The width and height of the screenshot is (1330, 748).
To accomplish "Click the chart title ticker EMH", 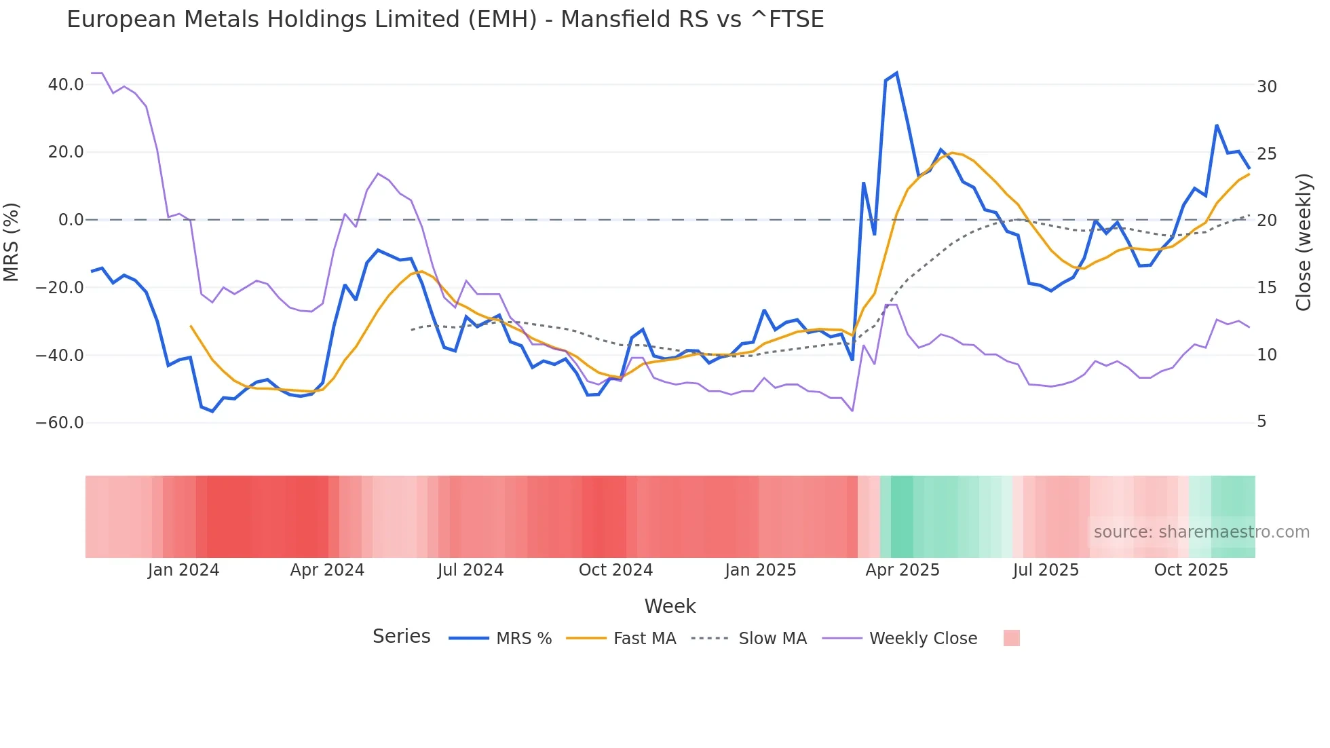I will coord(502,20).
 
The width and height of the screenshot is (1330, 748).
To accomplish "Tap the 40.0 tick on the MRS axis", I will coord(66,85).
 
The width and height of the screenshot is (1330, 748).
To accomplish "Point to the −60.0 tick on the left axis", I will coord(60,423).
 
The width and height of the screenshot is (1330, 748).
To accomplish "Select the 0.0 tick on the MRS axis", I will coord(71,220).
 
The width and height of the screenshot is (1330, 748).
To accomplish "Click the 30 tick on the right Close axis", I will coord(1266,87).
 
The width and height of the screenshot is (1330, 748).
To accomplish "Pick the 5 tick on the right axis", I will coord(1261,422).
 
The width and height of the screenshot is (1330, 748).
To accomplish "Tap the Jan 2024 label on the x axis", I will coord(183,570).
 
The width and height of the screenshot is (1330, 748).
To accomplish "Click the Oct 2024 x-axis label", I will coord(615,570).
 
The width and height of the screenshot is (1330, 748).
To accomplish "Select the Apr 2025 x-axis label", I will coord(902,570).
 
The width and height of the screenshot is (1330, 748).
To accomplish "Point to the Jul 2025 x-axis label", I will coord(1046,570).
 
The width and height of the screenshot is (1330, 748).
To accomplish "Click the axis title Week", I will coord(670,606).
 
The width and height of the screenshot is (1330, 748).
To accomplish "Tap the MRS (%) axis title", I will coord(12,242).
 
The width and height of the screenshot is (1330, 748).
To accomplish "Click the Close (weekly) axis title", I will coord(1304,242).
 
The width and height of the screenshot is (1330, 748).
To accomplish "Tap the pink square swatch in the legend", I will coord(1011,638).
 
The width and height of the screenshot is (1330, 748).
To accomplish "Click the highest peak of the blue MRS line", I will coord(896,73).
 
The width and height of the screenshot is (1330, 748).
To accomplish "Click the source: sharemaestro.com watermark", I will coord(1201,532).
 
